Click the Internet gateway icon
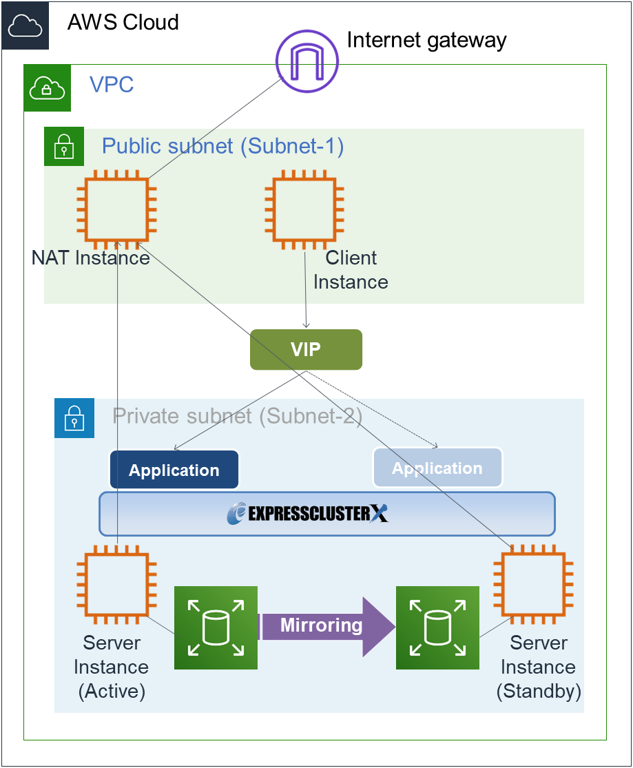coord(307,60)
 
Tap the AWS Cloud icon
coord(25,25)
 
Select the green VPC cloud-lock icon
coord(48,88)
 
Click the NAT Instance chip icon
coord(117,209)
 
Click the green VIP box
coord(306,349)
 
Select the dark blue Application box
coord(174,470)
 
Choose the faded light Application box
coord(437,468)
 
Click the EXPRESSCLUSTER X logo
coord(308,514)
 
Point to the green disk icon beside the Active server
coord(216,627)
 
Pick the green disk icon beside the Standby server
coord(437,627)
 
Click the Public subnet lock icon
coord(64,146)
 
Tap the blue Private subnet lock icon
coord(74,418)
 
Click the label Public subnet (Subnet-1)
coord(222,146)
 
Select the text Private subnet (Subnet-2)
coord(238,416)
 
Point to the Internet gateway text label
coord(426,40)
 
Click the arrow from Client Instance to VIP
coord(305,289)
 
